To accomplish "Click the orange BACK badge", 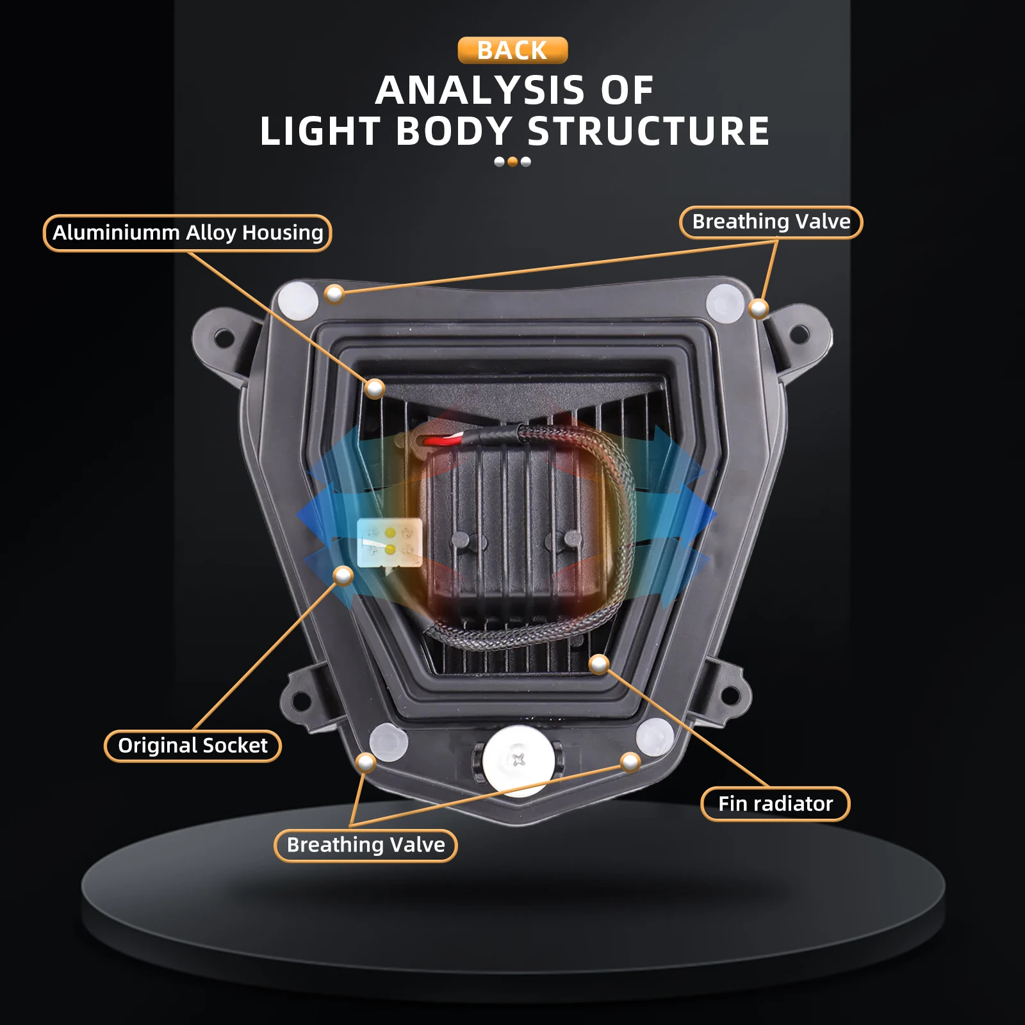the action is (x=512, y=51).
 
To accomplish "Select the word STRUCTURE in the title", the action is (x=648, y=131).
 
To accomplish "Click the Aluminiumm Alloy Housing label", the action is (x=188, y=233).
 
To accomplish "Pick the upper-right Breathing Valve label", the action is (x=771, y=222).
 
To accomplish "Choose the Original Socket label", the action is (x=193, y=746).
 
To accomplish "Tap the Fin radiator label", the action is (x=775, y=804).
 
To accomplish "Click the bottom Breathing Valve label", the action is (x=366, y=846).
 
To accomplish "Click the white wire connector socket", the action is (x=389, y=543).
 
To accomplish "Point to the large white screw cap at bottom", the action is (x=519, y=760).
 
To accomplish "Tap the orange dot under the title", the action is (x=512, y=162).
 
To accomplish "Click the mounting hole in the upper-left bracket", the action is (x=223, y=337).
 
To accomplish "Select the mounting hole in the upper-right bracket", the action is (x=799, y=334).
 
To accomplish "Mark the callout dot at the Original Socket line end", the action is (x=343, y=576).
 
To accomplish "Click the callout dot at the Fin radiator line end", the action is (x=599, y=664).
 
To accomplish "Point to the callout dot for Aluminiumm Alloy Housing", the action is (x=375, y=388).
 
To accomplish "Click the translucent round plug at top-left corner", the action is (x=298, y=299).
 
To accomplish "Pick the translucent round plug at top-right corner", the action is (x=725, y=302).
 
